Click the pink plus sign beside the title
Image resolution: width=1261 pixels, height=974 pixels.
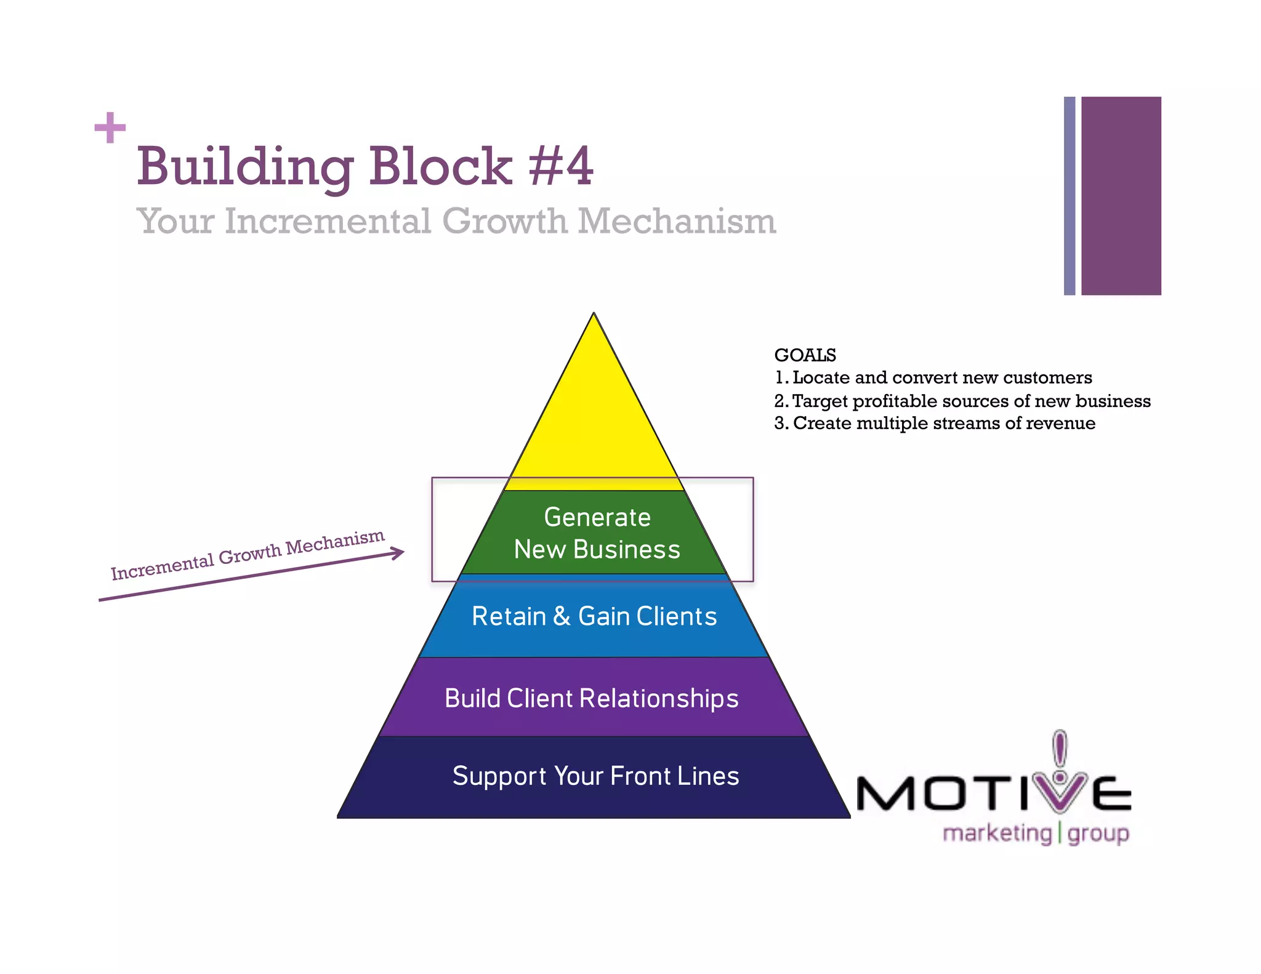[x=110, y=128]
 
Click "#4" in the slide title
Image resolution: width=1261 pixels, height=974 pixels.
[x=560, y=166]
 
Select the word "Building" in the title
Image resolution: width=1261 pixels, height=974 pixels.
[x=245, y=167]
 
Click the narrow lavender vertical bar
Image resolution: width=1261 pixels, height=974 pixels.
[x=1070, y=196]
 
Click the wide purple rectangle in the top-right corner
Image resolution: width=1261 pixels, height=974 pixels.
[x=1121, y=196]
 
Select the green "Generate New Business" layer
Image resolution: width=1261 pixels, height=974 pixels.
[x=596, y=533]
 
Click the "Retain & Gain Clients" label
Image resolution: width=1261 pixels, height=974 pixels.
[x=594, y=616]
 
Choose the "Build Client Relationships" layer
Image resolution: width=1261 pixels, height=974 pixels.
[x=591, y=699]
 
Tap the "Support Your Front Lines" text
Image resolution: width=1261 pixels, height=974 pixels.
[x=595, y=776]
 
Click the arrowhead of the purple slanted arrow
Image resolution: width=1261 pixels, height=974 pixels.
[x=398, y=553]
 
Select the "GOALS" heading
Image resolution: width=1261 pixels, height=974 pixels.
[x=805, y=355]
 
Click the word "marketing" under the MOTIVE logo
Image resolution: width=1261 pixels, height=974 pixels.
[x=997, y=834]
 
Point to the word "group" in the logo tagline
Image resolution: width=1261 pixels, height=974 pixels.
[x=1098, y=834]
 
